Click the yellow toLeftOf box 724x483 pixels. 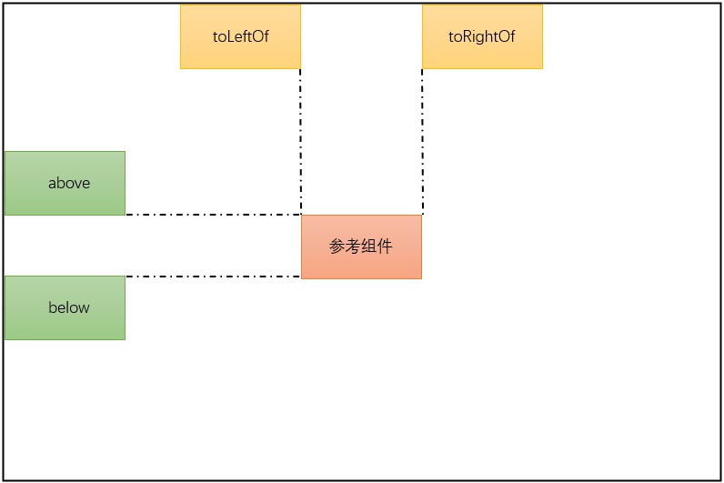[x=240, y=36]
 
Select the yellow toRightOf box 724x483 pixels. [x=482, y=36]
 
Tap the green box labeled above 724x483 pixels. [x=65, y=183]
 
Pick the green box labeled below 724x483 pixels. [x=65, y=307]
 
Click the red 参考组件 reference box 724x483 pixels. [x=361, y=247]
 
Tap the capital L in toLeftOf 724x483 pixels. [x=228, y=37]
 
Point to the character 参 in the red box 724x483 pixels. [x=337, y=247]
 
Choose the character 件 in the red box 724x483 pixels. [x=385, y=247]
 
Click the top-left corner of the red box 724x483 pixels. [x=302, y=216]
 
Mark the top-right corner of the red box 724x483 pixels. [x=421, y=216]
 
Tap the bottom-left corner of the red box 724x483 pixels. [x=302, y=278]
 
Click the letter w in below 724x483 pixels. [x=84, y=308]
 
